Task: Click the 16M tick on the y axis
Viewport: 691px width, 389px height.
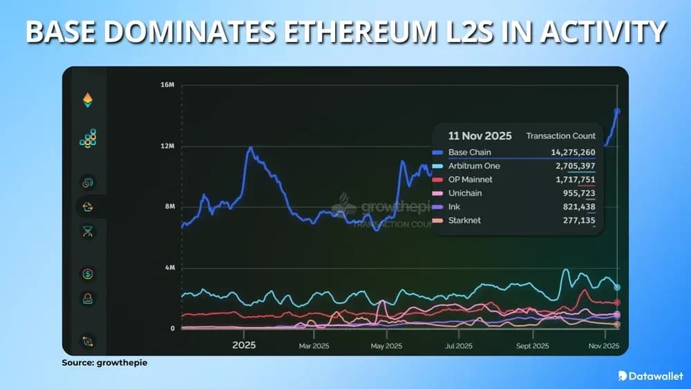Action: tap(167, 85)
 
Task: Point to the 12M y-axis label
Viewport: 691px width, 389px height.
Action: tap(167, 146)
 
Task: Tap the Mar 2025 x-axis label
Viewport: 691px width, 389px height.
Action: tap(314, 345)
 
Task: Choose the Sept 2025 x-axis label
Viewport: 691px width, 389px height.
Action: tap(531, 345)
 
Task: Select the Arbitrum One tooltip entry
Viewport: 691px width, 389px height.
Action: tap(473, 166)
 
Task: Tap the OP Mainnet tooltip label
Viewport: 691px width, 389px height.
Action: tap(472, 180)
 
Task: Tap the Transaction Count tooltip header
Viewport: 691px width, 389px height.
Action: tap(560, 135)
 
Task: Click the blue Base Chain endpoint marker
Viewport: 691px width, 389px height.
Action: tap(617, 111)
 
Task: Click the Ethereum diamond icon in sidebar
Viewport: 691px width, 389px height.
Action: tap(88, 101)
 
